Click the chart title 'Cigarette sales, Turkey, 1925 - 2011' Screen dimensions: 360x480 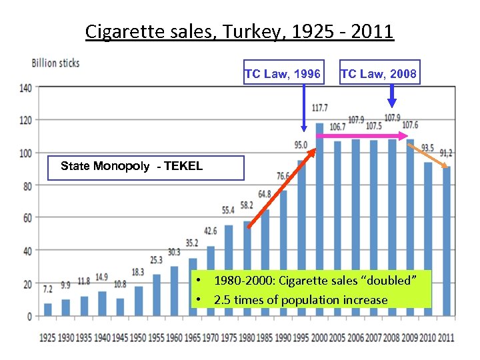click(x=240, y=31)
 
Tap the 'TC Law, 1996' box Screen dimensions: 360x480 click(x=283, y=73)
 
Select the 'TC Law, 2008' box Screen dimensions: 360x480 click(x=379, y=73)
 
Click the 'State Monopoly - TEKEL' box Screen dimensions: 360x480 click(x=147, y=167)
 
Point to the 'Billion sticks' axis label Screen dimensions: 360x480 click(x=56, y=63)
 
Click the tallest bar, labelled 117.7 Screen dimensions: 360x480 click(x=319, y=220)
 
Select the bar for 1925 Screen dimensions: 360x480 click(x=48, y=309)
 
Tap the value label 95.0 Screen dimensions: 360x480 click(x=301, y=145)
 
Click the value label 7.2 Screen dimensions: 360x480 click(x=47, y=290)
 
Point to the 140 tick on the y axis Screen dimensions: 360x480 click(x=25, y=87)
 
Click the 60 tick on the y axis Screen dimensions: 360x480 click(x=27, y=218)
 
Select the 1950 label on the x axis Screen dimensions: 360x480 click(x=139, y=337)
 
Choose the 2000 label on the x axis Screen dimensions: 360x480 click(x=319, y=337)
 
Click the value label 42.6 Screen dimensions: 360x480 click(x=211, y=231)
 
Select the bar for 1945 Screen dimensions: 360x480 click(x=120, y=307)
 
